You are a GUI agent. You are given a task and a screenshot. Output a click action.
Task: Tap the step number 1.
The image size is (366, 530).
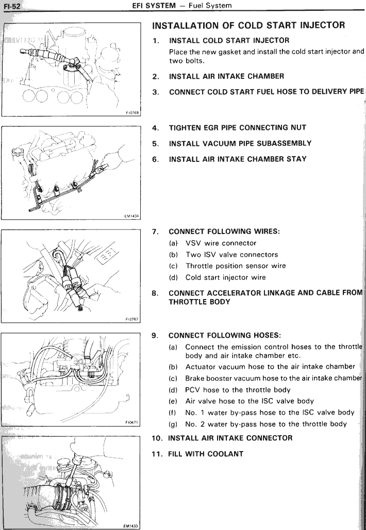[156, 40]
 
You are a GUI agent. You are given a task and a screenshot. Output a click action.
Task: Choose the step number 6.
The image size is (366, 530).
[156, 159]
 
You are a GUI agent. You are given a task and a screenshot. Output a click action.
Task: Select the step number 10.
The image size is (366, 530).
[157, 438]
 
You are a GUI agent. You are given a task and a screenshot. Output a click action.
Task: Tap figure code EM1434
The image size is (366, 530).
[132, 217]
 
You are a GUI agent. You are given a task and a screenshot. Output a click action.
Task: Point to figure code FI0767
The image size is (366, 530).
[132, 319]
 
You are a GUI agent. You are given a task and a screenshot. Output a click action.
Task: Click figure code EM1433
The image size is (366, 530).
[132, 526]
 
